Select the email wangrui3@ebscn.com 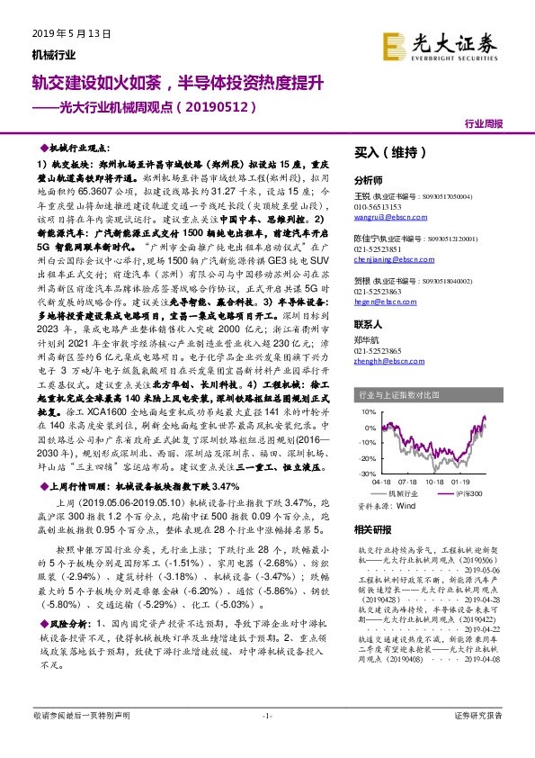point(381,217)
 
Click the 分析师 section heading point(369,180)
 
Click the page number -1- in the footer point(266,740)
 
